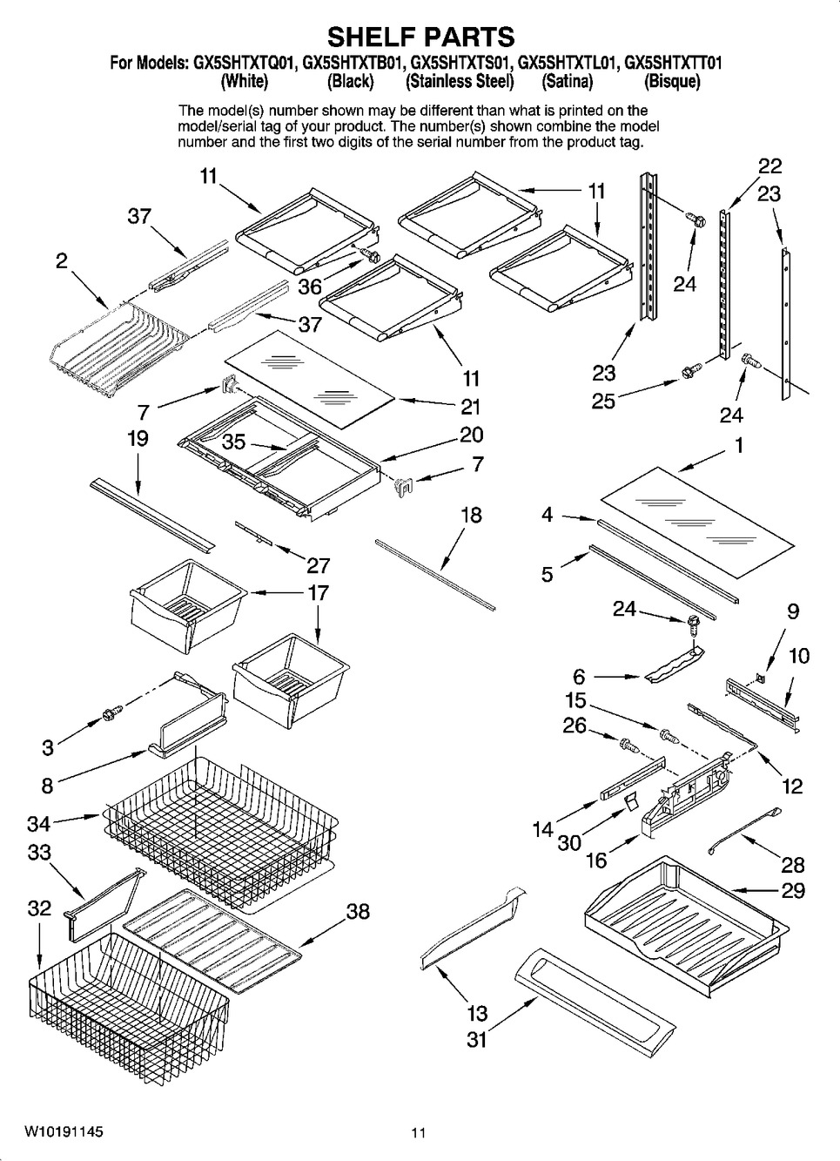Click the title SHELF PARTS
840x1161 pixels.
point(420,37)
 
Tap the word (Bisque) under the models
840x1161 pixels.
point(671,82)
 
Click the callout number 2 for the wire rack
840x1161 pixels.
point(62,260)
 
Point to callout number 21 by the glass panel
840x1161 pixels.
point(470,406)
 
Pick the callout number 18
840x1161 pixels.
point(470,515)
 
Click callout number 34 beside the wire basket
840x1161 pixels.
point(39,820)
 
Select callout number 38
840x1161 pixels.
point(358,911)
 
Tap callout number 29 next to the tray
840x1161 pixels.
point(793,890)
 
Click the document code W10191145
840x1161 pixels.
point(64,1132)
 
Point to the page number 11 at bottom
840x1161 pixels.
point(419,1133)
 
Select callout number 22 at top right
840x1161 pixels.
point(769,165)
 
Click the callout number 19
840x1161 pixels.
point(137,438)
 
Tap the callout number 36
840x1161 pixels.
point(310,286)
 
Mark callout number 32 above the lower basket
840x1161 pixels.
point(39,908)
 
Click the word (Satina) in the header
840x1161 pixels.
point(567,82)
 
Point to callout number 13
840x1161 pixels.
point(476,1013)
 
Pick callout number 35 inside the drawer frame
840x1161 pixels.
point(233,442)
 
